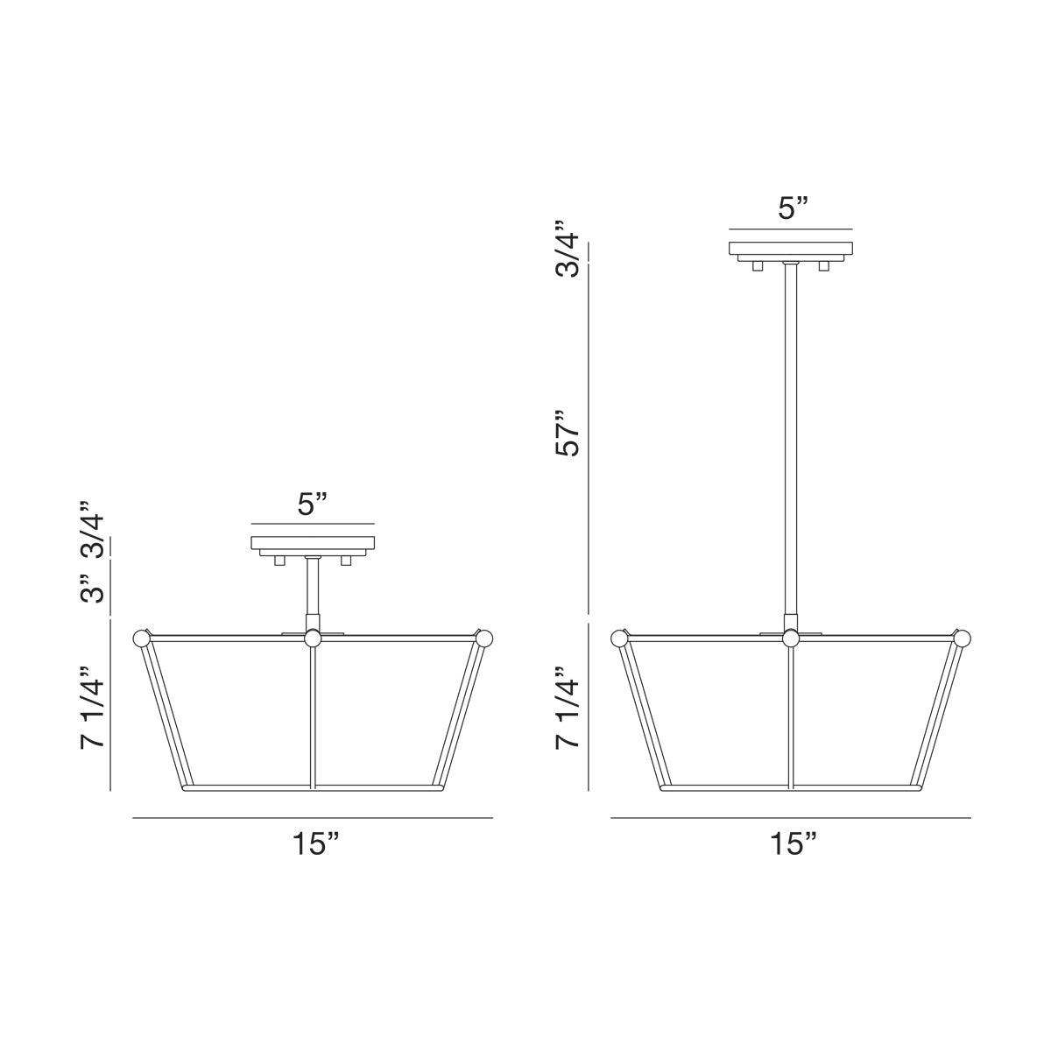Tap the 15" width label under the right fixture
(x=794, y=844)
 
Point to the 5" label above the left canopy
(x=313, y=504)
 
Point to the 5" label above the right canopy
(x=792, y=208)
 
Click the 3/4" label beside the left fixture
(x=92, y=530)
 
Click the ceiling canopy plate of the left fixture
(x=313, y=543)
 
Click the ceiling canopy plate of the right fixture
(x=791, y=247)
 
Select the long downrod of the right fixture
(x=791, y=438)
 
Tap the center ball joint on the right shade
(x=791, y=639)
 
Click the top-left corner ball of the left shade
(x=140, y=638)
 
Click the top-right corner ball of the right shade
(x=963, y=638)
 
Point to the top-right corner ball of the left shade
(x=484, y=638)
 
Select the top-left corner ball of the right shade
(x=619, y=638)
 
